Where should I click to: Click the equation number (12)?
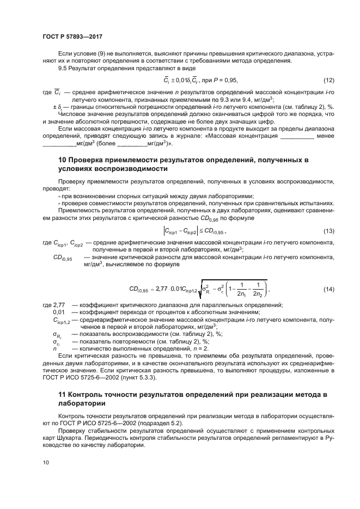click(328, 81)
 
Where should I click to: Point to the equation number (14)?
click(328, 289)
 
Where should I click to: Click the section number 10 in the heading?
click(62, 160)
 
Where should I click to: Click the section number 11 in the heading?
click(62, 393)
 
